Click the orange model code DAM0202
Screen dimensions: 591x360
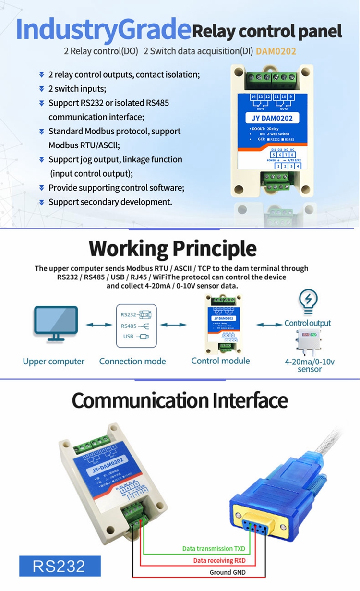pyautogui.click(x=276, y=50)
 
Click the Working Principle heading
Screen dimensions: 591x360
pyautogui.click(x=173, y=249)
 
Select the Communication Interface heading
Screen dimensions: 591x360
pyautogui.click(x=180, y=400)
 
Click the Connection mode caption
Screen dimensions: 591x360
pyautogui.click(x=132, y=361)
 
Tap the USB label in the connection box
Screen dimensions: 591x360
pyautogui.click(x=128, y=337)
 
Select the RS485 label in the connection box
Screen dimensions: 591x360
pyautogui.click(x=129, y=326)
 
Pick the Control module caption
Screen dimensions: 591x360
pyautogui.click(x=220, y=361)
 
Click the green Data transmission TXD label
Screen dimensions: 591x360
pyautogui.click(x=214, y=549)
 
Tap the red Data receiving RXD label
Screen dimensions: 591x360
pyautogui.click(x=219, y=560)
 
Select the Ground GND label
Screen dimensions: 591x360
pyautogui.click(x=228, y=572)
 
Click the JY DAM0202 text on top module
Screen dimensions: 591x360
pyautogui.click(x=272, y=118)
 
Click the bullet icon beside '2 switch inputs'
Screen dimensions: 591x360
pyautogui.click(x=42, y=89)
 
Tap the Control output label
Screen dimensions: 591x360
pyautogui.click(x=308, y=323)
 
